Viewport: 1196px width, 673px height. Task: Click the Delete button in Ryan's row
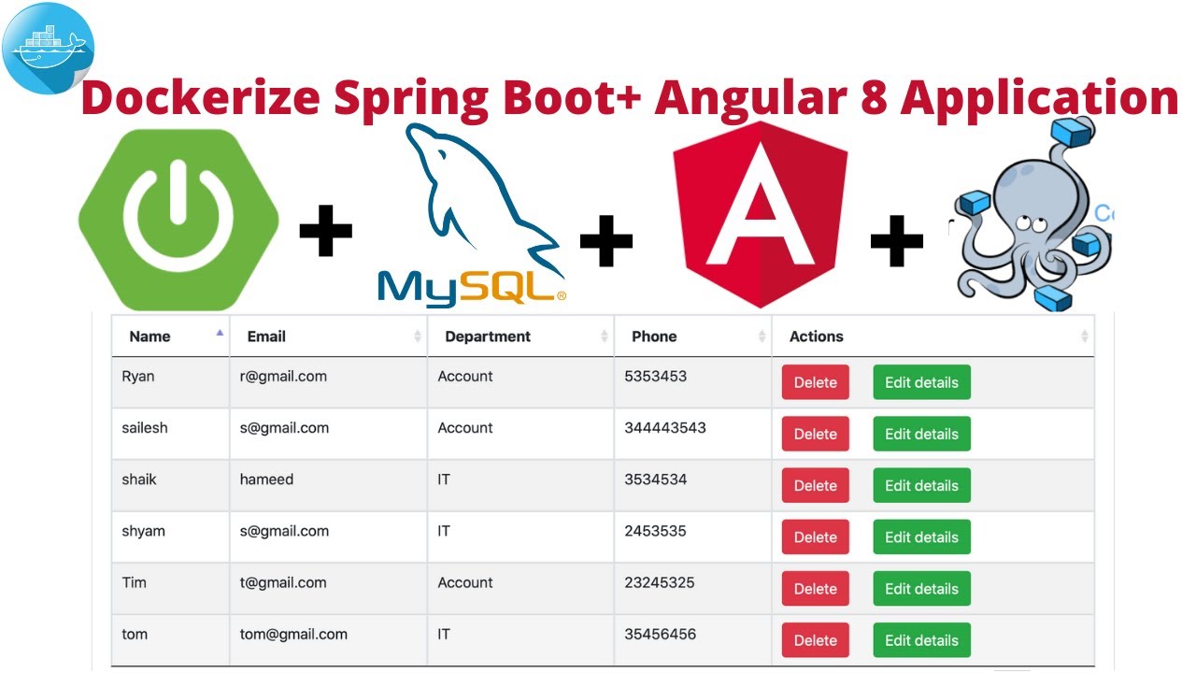815,382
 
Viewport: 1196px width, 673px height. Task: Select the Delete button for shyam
815,537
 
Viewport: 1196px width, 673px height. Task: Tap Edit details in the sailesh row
921,434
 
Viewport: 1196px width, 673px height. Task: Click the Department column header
488,336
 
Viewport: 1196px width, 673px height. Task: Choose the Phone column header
654,336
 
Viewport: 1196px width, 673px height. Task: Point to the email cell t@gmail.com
283,582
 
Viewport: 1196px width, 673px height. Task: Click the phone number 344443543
665,428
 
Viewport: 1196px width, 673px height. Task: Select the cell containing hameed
266,480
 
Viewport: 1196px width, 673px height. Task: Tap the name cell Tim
135,582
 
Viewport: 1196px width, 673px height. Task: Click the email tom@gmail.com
293,634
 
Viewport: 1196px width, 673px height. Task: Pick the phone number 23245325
661,582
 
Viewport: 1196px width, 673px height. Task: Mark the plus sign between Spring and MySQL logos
325,234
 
